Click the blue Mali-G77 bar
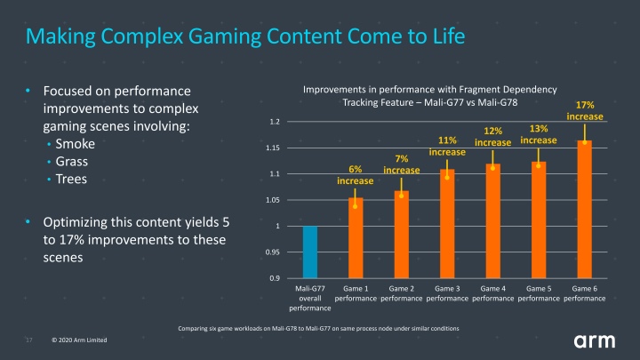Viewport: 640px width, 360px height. coord(310,252)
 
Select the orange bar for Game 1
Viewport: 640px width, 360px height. coord(356,238)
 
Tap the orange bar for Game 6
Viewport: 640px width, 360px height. coord(585,210)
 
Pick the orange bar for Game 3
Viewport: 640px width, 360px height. coord(447,224)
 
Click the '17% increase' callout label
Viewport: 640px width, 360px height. coord(585,110)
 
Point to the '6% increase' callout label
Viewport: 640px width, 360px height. coord(355,175)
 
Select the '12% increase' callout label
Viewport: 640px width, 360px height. coord(492,137)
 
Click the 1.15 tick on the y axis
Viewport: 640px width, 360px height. coord(273,148)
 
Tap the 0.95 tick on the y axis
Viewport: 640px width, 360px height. coord(273,252)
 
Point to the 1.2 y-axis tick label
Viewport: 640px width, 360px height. coord(275,122)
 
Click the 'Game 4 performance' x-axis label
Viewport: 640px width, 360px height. coord(493,293)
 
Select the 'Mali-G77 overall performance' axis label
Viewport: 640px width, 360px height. coord(310,299)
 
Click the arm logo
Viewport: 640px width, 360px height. coord(595,341)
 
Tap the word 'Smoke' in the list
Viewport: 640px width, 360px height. coord(75,144)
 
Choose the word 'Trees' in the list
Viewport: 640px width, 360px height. coord(71,179)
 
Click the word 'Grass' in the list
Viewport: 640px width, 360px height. coord(71,161)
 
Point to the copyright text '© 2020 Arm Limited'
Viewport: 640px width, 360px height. coord(79,340)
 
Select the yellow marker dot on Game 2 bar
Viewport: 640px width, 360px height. coord(401,196)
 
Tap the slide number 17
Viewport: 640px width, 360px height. coord(29,340)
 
